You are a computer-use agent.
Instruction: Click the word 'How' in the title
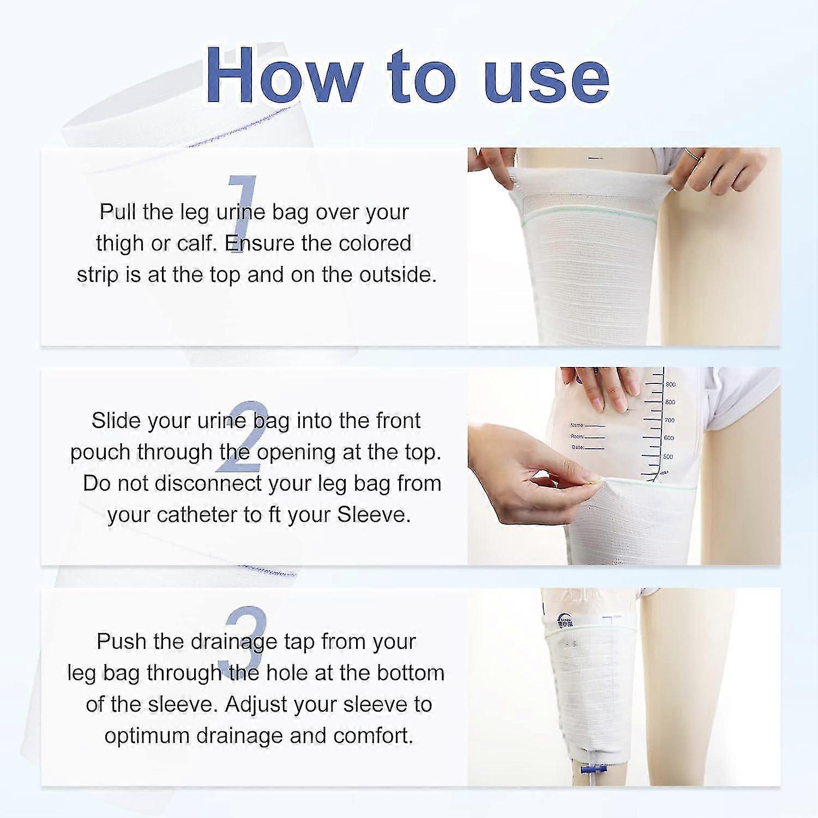284,76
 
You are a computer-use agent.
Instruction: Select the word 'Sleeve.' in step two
374,515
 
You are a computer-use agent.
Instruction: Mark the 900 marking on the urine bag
670,384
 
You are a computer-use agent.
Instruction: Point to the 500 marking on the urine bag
667,456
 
